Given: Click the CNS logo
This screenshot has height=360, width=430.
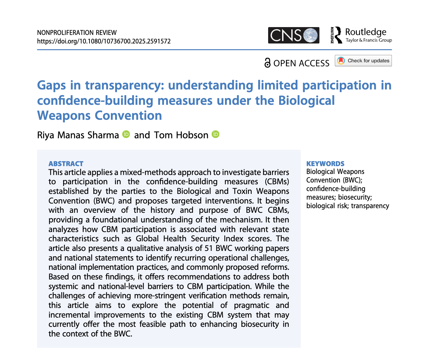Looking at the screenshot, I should [x=293, y=35].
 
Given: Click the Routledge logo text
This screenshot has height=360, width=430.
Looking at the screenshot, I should [x=365, y=32].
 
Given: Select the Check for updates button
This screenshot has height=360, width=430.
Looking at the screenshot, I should [x=363, y=61].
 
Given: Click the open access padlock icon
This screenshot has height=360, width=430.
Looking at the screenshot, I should [x=267, y=63].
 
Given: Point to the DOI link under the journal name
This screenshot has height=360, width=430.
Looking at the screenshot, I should [x=104, y=41].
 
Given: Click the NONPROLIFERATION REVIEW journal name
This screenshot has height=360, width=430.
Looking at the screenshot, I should [x=77, y=32].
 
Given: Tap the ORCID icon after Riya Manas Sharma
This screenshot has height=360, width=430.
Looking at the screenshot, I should [x=126, y=134].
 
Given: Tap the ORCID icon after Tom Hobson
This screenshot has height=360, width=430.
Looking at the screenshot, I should [x=215, y=134].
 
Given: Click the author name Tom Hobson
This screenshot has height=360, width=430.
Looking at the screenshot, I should [x=181, y=135].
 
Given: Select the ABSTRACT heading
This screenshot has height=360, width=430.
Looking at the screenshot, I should [x=66, y=164].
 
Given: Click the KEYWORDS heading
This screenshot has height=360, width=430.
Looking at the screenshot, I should [x=325, y=164].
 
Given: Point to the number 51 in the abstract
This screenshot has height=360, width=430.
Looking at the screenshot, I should [x=209, y=248].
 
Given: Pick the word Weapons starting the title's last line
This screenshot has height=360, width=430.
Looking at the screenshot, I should [x=64, y=115].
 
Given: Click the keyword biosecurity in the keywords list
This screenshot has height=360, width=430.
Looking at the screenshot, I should [x=355, y=197].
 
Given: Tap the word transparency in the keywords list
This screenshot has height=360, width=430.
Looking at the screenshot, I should [x=370, y=206].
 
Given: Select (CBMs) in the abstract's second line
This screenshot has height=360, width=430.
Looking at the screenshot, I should [x=276, y=182].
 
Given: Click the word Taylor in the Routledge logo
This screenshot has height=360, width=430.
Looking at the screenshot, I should [x=352, y=40].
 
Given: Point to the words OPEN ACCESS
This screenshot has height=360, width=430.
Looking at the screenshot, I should [x=301, y=63].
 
